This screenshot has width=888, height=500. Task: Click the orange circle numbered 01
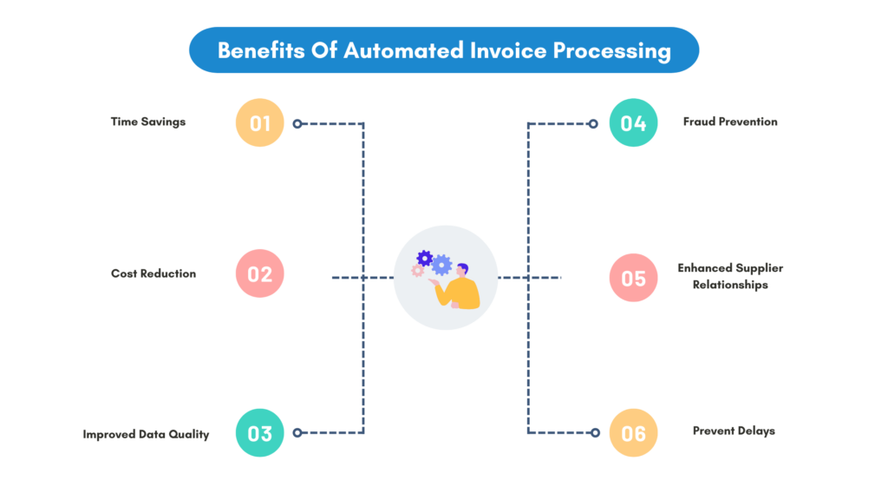(260, 123)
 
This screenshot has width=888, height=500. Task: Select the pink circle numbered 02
(260, 274)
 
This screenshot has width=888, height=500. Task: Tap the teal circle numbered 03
(260, 432)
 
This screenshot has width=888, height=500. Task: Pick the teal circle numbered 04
(633, 123)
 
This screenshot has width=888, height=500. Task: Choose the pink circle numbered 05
(633, 278)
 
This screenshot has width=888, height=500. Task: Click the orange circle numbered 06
(633, 432)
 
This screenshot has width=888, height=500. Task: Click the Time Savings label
(148, 122)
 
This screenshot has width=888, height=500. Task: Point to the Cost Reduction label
(153, 273)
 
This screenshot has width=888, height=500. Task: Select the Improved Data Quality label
(146, 434)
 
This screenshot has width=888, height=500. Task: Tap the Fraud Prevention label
(730, 122)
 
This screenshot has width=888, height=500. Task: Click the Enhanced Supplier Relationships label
(730, 276)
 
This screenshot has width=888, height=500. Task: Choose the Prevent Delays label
(734, 431)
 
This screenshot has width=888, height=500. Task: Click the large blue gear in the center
(442, 265)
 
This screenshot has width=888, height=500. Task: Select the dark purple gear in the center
(425, 258)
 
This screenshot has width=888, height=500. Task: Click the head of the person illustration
(461, 270)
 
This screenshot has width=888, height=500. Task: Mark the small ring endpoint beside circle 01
(297, 123)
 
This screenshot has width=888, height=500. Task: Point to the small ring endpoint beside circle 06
(594, 432)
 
